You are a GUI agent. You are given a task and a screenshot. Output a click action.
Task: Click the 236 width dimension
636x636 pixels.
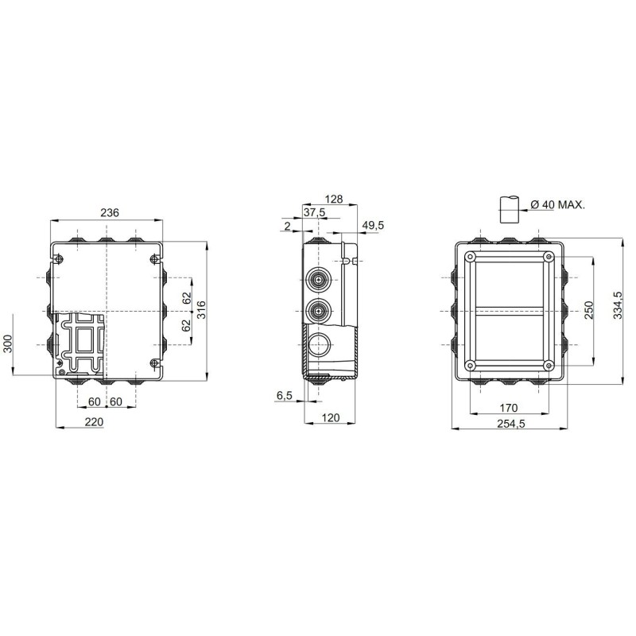[x=110, y=212]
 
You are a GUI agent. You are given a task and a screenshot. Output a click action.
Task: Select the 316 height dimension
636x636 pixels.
[x=201, y=310]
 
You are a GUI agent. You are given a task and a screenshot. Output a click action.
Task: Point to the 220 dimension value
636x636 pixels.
[x=94, y=422]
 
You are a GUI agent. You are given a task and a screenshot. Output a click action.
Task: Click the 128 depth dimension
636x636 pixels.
[x=334, y=199]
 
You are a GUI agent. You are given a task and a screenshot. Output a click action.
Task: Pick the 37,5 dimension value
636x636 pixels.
[x=315, y=211]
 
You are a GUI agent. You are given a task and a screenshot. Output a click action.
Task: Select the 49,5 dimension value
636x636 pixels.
[x=373, y=225]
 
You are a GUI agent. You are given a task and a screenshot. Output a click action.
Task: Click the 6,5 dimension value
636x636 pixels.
[x=285, y=394]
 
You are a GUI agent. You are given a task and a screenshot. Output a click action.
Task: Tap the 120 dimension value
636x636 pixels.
[x=330, y=418]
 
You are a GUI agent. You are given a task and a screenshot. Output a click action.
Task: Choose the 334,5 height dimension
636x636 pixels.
[x=618, y=305]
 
